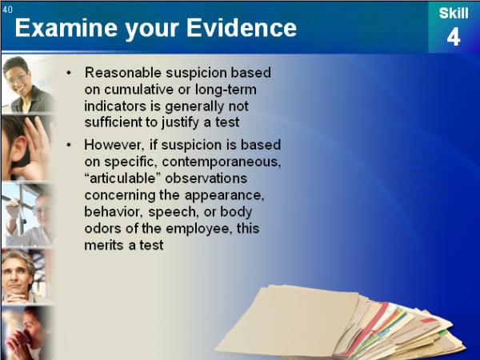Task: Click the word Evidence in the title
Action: coord(242,28)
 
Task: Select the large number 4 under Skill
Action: coord(454,38)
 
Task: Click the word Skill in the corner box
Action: coord(454,14)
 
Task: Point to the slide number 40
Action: coord(7,10)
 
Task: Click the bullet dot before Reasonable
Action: coord(69,73)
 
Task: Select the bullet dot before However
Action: coord(69,145)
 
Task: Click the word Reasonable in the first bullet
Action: coord(122,73)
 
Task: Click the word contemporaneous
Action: coord(222,162)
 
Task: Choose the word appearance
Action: coord(224,195)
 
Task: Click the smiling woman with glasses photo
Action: coord(28,85)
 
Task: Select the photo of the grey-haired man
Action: coord(27,277)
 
